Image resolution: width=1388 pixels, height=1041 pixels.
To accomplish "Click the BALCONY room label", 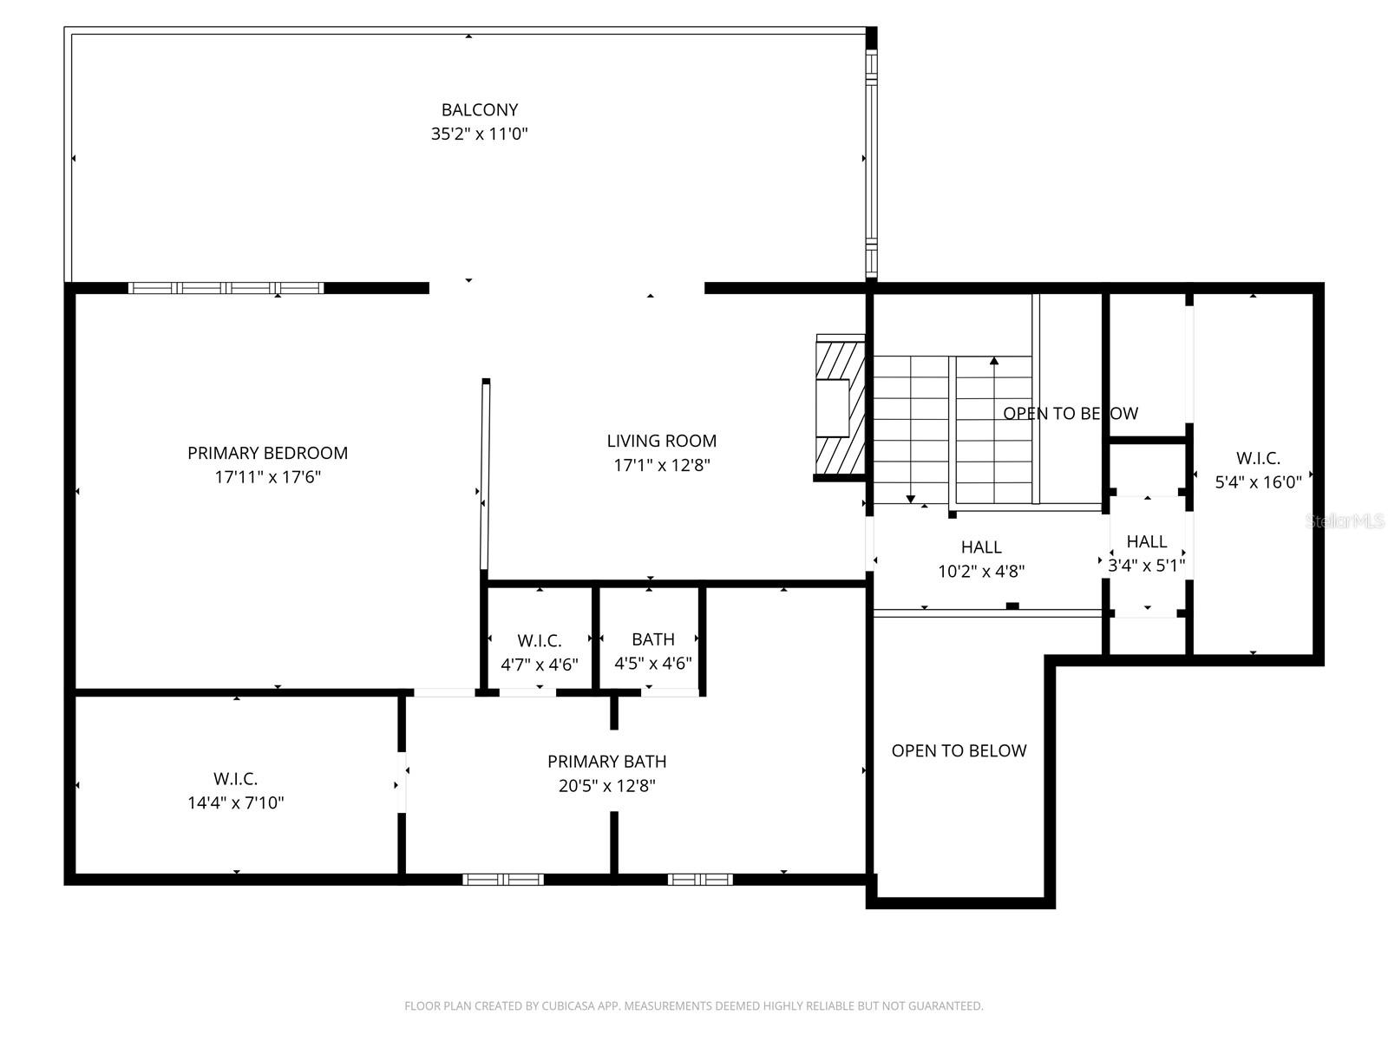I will (x=479, y=110).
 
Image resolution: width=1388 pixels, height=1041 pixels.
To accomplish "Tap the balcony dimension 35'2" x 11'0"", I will (x=479, y=134).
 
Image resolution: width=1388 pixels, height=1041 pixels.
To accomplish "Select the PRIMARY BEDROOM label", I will (x=267, y=453).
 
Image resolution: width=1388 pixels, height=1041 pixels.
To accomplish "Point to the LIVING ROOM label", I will (x=661, y=441).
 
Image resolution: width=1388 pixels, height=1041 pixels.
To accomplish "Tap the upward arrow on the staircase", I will (x=994, y=361).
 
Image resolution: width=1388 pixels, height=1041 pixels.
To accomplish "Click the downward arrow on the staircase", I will (x=910, y=498).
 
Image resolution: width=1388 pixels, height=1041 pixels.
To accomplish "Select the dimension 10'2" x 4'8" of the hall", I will (x=981, y=572).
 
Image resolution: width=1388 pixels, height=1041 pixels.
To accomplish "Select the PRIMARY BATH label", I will (x=606, y=762).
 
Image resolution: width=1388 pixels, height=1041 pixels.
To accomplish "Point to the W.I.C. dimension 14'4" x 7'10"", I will (x=235, y=803).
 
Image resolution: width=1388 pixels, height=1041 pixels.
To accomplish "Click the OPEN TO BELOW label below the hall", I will (x=959, y=751).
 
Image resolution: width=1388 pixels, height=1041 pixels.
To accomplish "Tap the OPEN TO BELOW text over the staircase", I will (x=1070, y=414).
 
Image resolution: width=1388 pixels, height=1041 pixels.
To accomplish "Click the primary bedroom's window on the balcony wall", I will (x=226, y=288).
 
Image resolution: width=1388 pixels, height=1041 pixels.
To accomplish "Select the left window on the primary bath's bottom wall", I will (x=503, y=880).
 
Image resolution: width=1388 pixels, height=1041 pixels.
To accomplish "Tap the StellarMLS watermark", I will (x=1345, y=521).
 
